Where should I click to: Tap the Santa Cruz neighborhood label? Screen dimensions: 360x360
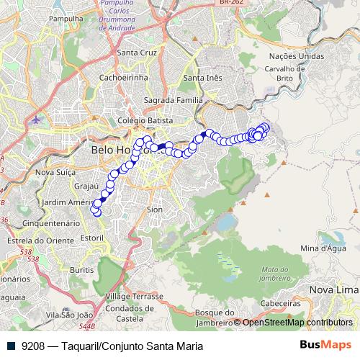pos(136,53)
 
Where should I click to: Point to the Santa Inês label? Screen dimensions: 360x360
pos(202,78)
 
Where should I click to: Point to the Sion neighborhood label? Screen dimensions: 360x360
pos(154,209)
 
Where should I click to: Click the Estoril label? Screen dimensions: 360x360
pos(93,237)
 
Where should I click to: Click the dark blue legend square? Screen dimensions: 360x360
pos(12,346)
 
